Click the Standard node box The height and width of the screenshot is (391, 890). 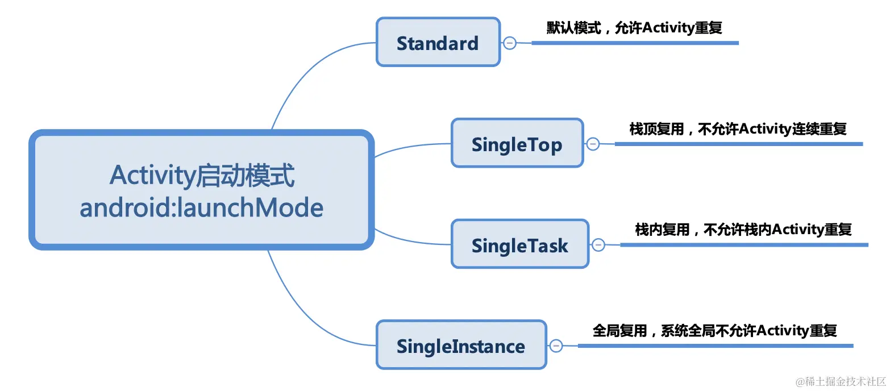438,43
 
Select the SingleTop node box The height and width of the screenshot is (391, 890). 517,144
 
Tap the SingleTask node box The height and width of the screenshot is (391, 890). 519,245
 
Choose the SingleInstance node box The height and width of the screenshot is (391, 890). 461,346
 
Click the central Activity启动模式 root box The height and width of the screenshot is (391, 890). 202,190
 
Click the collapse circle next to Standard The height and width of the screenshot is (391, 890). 510,43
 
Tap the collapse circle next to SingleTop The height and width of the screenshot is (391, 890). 593,144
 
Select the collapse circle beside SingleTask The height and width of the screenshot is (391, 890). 598,245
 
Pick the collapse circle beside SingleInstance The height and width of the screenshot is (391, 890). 556,346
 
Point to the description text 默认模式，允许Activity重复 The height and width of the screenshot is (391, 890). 634,28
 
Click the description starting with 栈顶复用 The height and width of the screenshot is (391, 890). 738,129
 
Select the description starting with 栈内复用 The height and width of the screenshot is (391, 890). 743,230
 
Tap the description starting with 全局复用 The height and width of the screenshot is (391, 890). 714,330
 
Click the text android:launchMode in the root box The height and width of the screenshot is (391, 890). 202,208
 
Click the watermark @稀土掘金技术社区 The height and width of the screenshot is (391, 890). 841,381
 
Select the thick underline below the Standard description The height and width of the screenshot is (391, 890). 635,43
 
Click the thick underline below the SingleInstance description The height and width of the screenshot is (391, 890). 715,346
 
